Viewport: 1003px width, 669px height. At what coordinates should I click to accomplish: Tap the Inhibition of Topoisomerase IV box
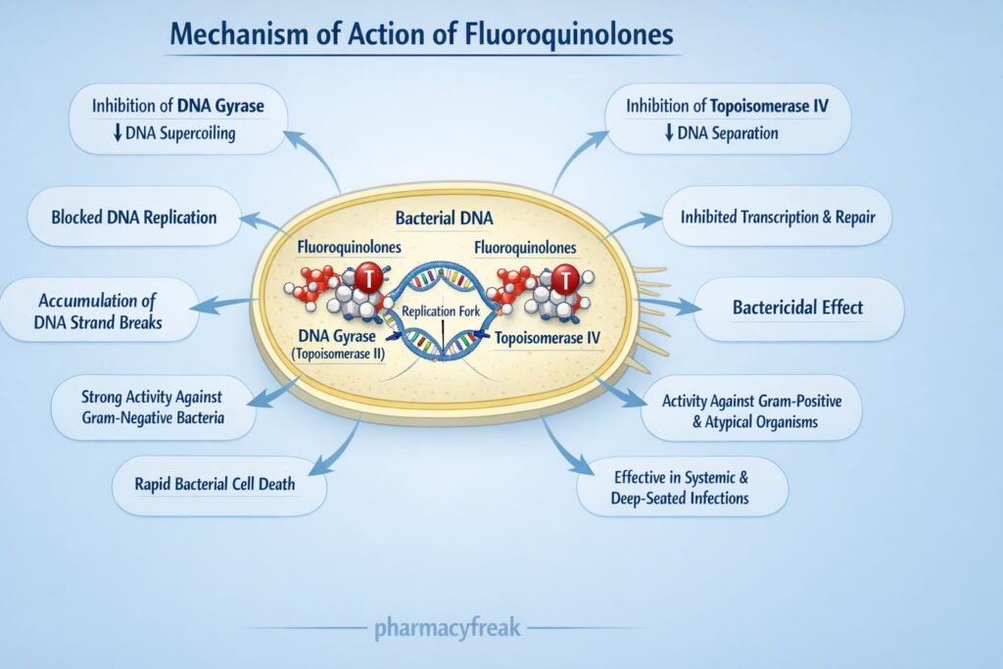coord(727,118)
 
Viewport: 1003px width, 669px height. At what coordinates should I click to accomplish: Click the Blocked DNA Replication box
coord(133,215)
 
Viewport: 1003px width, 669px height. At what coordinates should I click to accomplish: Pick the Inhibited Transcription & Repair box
coord(778,215)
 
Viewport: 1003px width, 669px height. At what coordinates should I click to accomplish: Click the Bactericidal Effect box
coord(797,308)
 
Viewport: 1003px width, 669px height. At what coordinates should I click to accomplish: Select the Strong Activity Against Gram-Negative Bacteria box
coord(152,406)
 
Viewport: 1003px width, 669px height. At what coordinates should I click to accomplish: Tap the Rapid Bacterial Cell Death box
coord(217,482)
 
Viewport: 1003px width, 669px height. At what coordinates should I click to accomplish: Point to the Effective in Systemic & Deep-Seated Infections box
coord(681,487)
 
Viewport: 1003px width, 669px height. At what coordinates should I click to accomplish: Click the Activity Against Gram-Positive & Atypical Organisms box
coord(751,411)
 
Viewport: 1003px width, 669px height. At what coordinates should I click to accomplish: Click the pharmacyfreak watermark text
coord(447,628)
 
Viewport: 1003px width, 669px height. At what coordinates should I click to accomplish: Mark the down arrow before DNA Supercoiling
coord(116,134)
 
